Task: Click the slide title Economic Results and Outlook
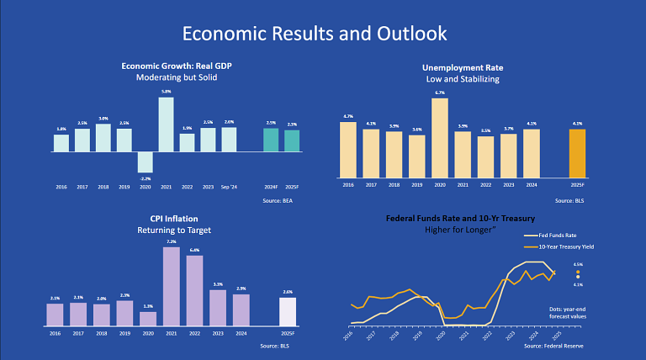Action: [x=315, y=34]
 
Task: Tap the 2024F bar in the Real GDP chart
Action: [x=270, y=140]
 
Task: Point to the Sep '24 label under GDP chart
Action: [x=229, y=186]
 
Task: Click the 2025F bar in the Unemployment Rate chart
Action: [x=577, y=149]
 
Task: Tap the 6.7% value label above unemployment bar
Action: [x=440, y=93]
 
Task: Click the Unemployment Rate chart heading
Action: [x=462, y=67]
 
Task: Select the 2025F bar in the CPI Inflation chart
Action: [x=288, y=311]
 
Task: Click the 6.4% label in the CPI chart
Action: [x=194, y=250]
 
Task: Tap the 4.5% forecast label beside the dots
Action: [x=577, y=264]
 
